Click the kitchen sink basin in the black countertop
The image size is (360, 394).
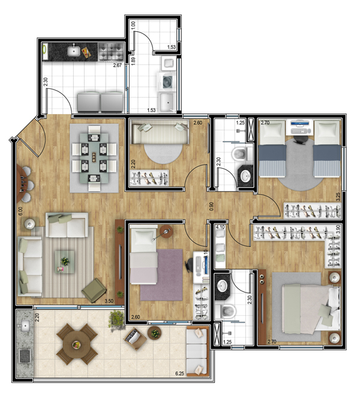pos(74,52)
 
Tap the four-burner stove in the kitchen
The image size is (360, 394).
pos(110,52)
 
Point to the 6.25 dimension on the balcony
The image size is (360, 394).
pos(179,374)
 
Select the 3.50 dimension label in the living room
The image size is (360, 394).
pos(109,301)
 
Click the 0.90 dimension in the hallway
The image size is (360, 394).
pos(211,206)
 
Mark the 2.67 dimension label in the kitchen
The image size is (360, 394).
pos(117,65)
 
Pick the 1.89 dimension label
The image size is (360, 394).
pos(133,61)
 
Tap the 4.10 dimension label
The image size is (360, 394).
pos(220,227)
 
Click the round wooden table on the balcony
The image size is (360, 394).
pos(77,344)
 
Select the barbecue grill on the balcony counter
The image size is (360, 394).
pos(25,356)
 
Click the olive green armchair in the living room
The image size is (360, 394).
pos(94,289)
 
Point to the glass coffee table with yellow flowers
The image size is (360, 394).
pos(65,262)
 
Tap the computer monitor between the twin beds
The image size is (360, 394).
pos(301,123)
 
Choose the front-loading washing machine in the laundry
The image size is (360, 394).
pos(166,82)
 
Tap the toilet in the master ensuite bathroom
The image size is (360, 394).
pos(227,311)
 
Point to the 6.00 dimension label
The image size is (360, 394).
pos(20,211)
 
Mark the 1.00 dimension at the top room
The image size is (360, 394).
pos(133,25)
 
